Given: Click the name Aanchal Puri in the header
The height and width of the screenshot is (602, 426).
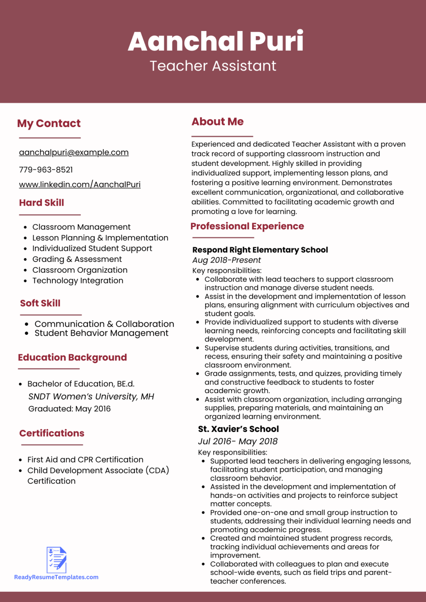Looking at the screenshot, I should pyautogui.click(x=215, y=41).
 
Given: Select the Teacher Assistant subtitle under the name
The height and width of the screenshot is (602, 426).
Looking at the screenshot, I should pyautogui.click(x=213, y=66).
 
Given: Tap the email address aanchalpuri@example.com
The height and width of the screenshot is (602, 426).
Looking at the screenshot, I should pyautogui.click(x=74, y=152).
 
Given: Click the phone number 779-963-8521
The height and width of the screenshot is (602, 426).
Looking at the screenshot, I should pyautogui.click(x=46, y=170).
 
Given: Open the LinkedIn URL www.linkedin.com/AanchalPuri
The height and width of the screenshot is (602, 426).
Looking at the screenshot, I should pyautogui.click(x=80, y=185).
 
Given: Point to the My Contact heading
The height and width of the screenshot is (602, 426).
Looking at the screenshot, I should pyautogui.click(x=49, y=123).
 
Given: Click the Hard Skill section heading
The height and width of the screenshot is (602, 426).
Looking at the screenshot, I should pyautogui.click(x=42, y=203).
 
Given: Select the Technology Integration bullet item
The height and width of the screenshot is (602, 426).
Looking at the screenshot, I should pyautogui.click(x=78, y=281).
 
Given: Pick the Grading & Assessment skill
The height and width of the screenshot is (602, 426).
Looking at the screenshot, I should pyautogui.click(x=77, y=259).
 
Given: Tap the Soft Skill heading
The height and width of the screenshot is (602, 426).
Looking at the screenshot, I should pyautogui.click(x=40, y=303).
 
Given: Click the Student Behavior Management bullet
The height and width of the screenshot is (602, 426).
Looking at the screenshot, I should pyautogui.click(x=101, y=333).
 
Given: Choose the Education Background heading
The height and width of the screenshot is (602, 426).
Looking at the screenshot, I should pyautogui.click(x=73, y=357).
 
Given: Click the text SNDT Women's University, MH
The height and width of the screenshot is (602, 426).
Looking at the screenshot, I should pyautogui.click(x=91, y=397).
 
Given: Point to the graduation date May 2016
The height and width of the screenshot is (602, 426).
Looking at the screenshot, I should pyautogui.click(x=93, y=409).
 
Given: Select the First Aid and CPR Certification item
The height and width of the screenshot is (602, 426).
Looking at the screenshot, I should pyautogui.click(x=85, y=459).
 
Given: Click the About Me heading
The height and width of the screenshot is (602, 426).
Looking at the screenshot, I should pyautogui.click(x=217, y=122).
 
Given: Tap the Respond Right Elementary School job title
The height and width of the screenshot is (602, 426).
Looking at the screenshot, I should pyautogui.click(x=260, y=250).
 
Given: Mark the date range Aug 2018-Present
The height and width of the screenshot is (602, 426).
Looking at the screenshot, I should pyautogui.click(x=226, y=260).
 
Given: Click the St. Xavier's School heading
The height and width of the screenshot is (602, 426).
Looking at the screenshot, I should pyautogui.click(x=238, y=429).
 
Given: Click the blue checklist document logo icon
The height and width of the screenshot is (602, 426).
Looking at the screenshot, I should pyautogui.click(x=56, y=560).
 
